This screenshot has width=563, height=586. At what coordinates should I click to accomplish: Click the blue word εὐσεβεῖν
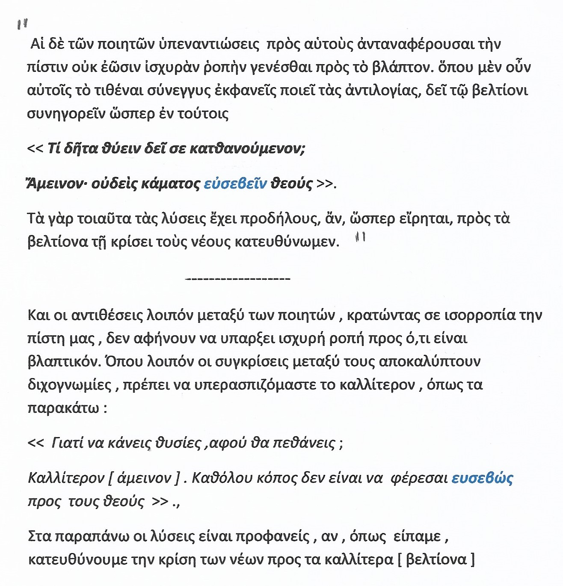coord(235,183)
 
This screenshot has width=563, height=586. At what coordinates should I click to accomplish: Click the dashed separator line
coord(238,279)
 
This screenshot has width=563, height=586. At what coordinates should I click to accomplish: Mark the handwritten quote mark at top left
coord(22,24)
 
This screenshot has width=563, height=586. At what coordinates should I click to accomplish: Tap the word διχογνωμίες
coord(69,385)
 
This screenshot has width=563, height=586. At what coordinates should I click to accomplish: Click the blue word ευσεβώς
coord(482,478)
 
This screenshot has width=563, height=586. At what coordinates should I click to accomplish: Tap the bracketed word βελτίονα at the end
coord(436,559)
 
